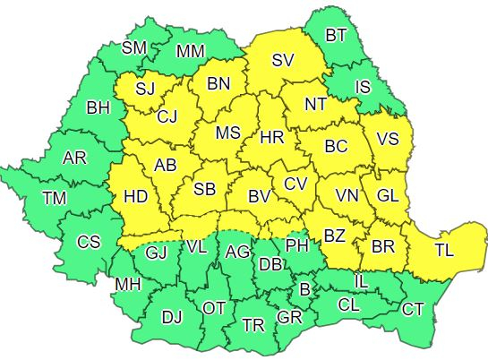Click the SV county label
click(283, 61)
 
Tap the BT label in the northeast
click(336, 36)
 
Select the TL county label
click(443, 252)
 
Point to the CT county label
click(413, 310)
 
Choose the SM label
click(134, 47)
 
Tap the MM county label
click(189, 51)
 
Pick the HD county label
click(135, 195)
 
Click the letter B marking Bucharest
click(304, 289)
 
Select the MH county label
click(127, 287)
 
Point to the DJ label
click(171, 316)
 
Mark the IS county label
click(363, 87)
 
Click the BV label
click(260, 196)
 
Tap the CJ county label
click(167, 116)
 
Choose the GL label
click(389, 195)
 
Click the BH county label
click(98, 108)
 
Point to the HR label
click(271, 138)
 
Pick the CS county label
click(88, 241)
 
